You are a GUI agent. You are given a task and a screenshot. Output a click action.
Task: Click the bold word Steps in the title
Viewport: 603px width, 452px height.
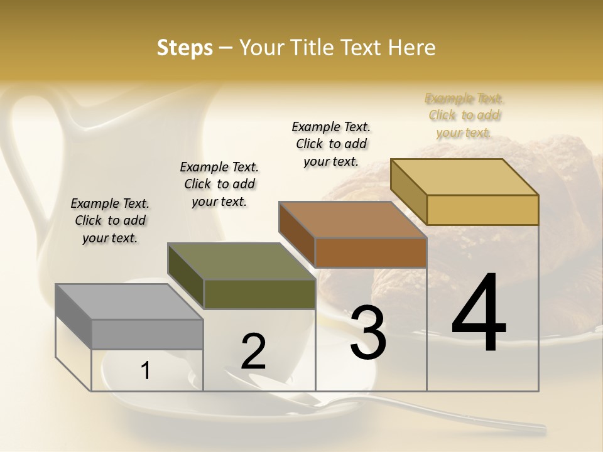[x=185, y=48]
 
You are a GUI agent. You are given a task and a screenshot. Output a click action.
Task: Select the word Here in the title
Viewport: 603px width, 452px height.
[x=411, y=48]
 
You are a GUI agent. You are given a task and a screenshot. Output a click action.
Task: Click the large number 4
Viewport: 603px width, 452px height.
[x=479, y=314]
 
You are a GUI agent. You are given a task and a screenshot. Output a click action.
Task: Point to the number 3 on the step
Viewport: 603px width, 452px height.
[x=368, y=333]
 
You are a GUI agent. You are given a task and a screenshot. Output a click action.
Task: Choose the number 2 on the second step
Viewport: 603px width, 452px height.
[x=254, y=352]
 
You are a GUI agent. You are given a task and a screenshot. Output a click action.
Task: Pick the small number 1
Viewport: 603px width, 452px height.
[x=146, y=370]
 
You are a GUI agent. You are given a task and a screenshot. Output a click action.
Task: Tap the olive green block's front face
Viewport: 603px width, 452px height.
[x=259, y=294]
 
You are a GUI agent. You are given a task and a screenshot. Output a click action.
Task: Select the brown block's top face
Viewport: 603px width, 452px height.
[x=352, y=220]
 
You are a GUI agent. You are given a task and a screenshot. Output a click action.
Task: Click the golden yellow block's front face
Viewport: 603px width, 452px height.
[x=482, y=210]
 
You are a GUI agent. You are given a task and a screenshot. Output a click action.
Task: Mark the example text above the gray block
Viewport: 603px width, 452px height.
[x=110, y=220]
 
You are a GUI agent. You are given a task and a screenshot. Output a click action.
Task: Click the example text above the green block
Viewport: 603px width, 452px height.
[x=219, y=184]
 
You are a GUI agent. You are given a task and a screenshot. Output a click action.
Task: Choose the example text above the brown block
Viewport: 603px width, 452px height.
[x=331, y=144]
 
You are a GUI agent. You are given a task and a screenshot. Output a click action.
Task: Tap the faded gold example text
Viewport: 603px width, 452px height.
[x=464, y=115]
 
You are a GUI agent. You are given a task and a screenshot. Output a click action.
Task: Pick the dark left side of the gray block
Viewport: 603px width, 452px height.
[x=73, y=317]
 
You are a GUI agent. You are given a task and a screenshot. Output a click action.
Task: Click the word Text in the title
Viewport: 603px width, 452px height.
[x=362, y=48]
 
